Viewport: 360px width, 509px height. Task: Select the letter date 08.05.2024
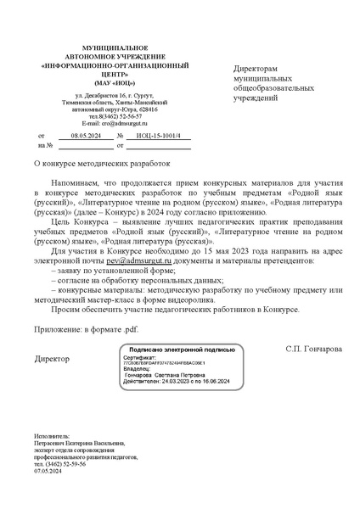[86, 135]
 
